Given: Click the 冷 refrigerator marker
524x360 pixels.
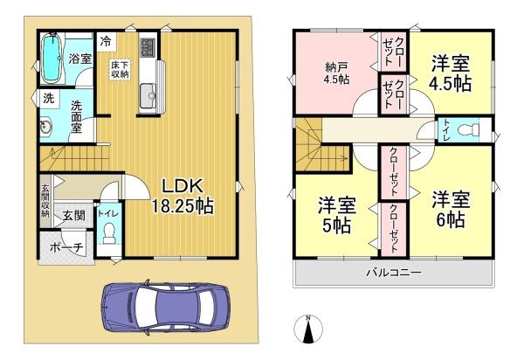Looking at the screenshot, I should coord(106,40).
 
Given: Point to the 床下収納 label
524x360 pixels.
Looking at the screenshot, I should coord(119,69).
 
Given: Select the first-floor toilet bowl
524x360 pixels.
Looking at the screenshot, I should coord(109,233).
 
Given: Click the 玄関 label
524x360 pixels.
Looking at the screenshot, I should coord(72,215).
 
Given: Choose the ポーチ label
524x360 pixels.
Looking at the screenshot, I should coord(65,247).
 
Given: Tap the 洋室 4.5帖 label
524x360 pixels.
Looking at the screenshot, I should coord(451,73).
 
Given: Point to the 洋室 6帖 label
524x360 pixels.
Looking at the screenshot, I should coord(451,207).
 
